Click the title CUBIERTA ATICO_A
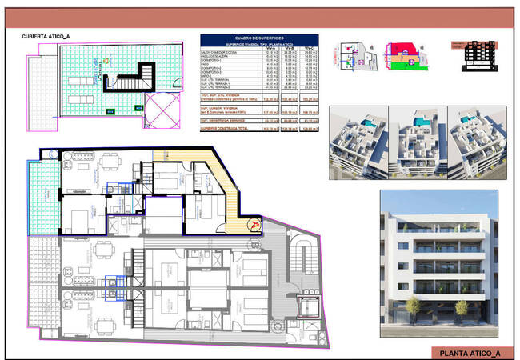tap(46, 37)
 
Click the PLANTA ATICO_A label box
tap(470, 353)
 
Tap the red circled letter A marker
tap(254, 225)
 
